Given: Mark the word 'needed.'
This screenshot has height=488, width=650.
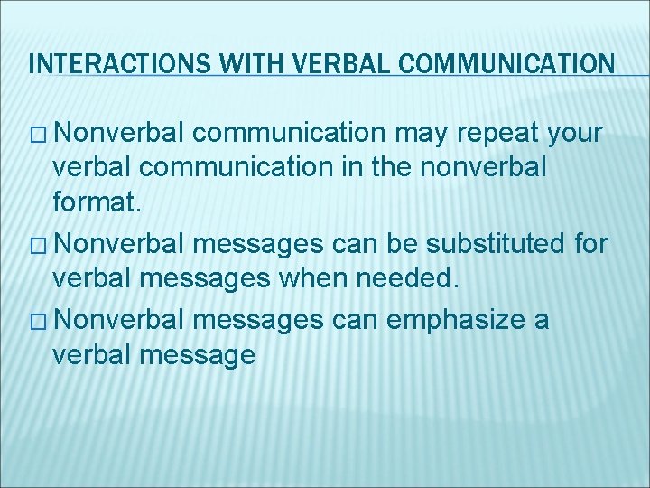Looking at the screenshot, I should click(416, 279).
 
